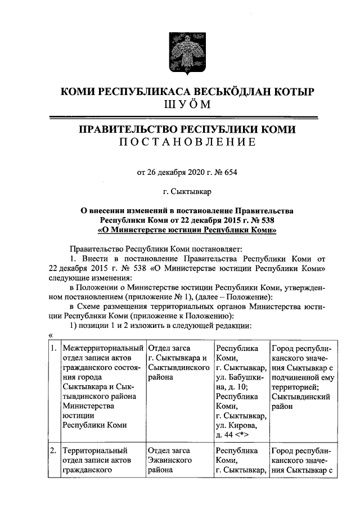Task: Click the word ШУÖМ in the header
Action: pos(179,105)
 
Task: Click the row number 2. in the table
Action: pos(52,451)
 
